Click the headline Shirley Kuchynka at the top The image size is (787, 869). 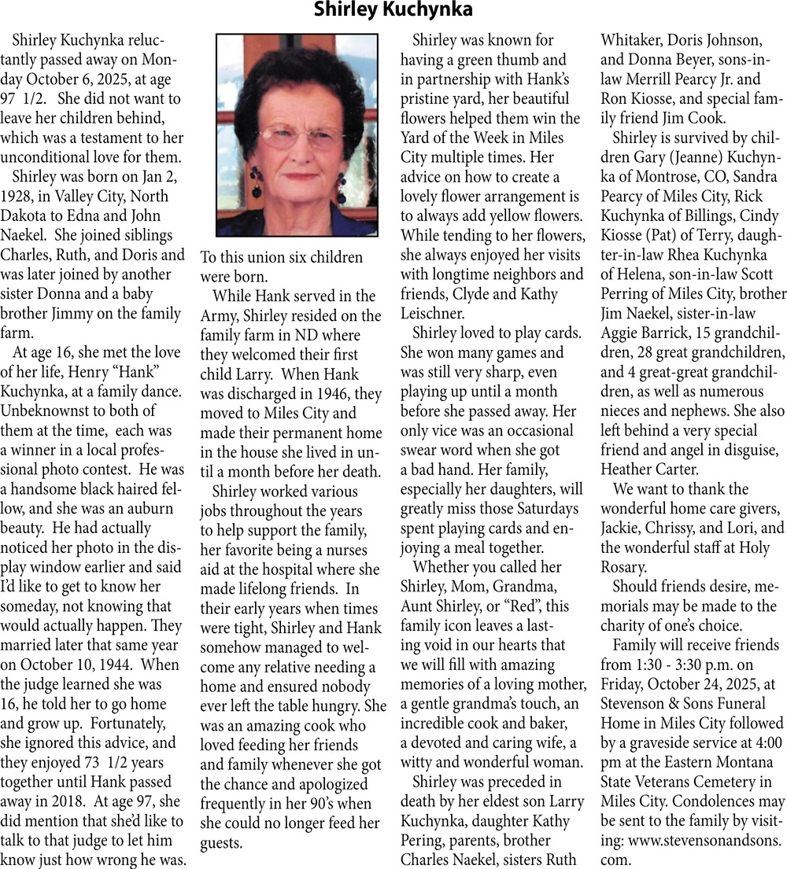(x=393, y=10)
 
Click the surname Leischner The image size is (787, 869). (x=434, y=313)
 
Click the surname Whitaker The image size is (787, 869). (x=634, y=40)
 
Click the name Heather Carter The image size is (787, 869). (x=649, y=469)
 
